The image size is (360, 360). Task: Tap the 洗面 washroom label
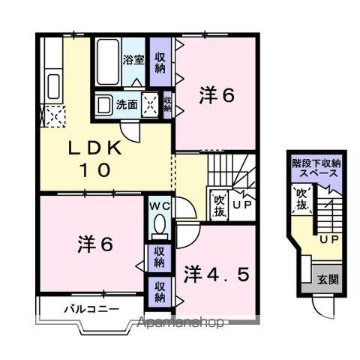coord(126,105)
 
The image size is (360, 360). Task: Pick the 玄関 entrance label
coord(328,280)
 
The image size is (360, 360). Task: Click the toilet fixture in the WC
coord(159,224)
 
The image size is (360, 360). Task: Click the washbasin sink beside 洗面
coord(104,105)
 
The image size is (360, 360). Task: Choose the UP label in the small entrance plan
coord(328,240)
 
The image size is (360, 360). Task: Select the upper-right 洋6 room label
coord(217,95)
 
